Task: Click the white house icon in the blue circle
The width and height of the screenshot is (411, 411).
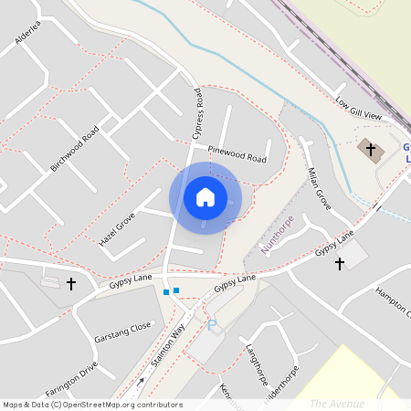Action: (x=205, y=197)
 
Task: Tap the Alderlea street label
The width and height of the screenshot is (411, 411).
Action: (x=28, y=32)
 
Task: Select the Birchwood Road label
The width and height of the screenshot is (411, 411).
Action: (x=75, y=149)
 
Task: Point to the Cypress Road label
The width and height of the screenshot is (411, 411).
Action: (x=197, y=114)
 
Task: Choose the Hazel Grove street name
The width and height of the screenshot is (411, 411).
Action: (x=117, y=229)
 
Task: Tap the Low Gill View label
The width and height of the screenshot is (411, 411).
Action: (x=358, y=110)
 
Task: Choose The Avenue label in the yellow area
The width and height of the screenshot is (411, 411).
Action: (x=337, y=403)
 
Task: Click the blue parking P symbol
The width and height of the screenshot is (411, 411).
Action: (x=212, y=324)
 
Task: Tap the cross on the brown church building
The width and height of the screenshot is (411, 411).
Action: (x=370, y=147)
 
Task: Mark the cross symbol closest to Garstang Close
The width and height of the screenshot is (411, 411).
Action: (x=71, y=284)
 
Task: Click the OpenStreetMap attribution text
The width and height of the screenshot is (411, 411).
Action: (x=92, y=405)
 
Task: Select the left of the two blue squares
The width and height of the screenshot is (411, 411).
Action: (x=165, y=292)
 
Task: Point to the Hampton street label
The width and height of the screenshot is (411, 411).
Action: (x=394, y=302)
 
